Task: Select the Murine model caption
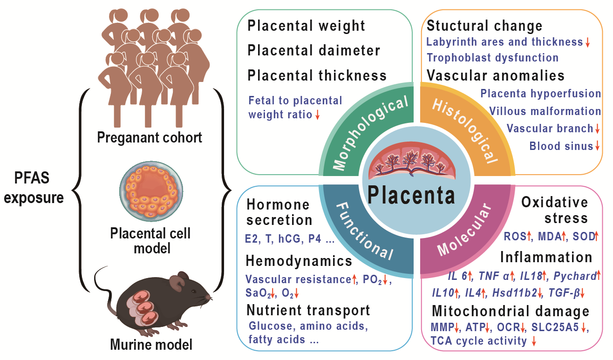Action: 151,345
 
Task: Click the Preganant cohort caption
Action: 150,138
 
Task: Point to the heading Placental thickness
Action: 317,75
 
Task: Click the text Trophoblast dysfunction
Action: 492,58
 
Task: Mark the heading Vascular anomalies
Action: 496,75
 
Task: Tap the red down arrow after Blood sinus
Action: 597,147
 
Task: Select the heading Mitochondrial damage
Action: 511,311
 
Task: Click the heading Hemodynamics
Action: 299,261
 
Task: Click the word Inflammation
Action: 546,257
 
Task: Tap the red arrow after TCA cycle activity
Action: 534,341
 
